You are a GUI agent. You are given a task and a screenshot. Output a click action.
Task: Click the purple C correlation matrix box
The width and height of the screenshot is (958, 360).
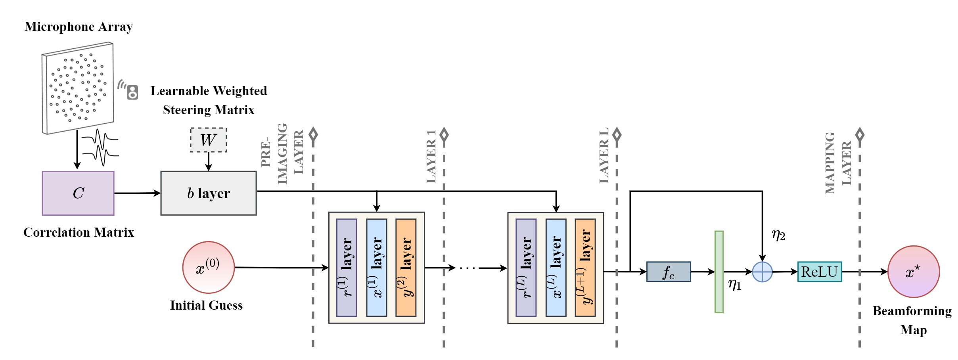(78, 193)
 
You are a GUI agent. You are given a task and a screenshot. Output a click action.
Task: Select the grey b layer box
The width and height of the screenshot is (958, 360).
(209, 193)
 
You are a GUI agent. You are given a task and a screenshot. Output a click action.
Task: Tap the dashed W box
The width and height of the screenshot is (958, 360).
(209, 140)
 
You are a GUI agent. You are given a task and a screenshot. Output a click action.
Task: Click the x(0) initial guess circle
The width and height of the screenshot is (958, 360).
(209, 268)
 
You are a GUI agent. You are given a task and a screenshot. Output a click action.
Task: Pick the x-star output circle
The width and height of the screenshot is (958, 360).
(913, 272)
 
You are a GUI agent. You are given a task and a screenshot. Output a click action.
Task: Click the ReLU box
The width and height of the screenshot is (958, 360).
(820, 272)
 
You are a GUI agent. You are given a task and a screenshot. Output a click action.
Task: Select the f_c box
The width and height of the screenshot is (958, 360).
(669, 272)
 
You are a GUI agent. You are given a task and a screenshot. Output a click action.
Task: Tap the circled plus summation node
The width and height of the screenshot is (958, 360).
(762, 272)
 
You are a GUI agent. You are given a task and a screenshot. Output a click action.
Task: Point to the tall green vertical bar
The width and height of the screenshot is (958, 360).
(719, 272)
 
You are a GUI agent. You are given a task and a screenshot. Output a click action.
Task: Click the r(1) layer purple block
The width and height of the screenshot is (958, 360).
(347, 268)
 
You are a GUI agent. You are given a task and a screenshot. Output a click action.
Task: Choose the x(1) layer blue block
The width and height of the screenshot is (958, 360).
(376, 268)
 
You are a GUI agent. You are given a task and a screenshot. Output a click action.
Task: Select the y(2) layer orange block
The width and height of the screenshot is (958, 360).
(406, 268)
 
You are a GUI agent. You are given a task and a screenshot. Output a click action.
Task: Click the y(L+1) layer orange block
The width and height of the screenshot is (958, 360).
(585, 268)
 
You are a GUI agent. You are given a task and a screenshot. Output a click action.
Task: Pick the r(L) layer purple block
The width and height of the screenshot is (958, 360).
(526, 268)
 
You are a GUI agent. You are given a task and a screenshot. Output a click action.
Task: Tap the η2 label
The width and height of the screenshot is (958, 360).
(778, 235)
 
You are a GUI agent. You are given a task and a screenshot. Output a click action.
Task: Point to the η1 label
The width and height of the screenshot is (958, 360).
(734, 284)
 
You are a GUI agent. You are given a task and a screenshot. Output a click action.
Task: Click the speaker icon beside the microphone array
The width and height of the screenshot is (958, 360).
(132, 92)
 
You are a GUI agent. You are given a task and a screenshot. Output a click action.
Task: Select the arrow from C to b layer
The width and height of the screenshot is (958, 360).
(137, 193)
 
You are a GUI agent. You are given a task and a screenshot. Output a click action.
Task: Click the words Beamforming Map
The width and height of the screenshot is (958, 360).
(912, 320)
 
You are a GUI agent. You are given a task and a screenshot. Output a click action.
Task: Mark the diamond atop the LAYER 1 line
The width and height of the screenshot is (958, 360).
(444, 135)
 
